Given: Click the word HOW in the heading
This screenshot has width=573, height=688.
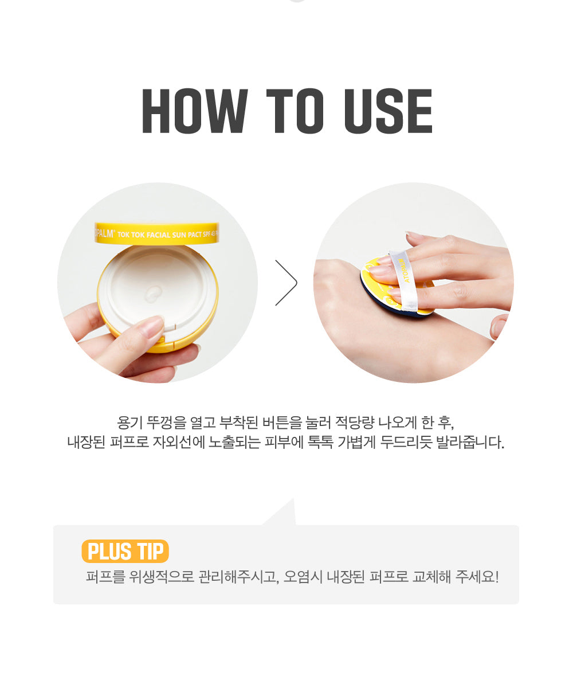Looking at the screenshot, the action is pyautogui.click(x=195, y=111).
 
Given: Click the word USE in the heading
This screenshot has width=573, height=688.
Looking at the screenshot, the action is pyautogui.click(x=388, y=111).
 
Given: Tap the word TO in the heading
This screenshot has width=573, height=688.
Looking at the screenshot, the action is pyautogui.click(x=295, y=111).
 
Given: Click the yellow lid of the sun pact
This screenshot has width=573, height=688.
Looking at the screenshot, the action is pyautogui.click(x=157, y=233).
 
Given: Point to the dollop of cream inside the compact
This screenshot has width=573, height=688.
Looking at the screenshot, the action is pyautogui.click(x=154, y=293).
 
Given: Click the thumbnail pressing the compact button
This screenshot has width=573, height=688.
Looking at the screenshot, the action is pyautogui.click(x=152, y=326).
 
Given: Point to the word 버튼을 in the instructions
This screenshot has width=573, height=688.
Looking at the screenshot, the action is pyautogui.click(x=282, y=423).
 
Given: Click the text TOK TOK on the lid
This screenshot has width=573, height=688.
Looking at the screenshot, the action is pyautogui.click(x=132, y=235).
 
